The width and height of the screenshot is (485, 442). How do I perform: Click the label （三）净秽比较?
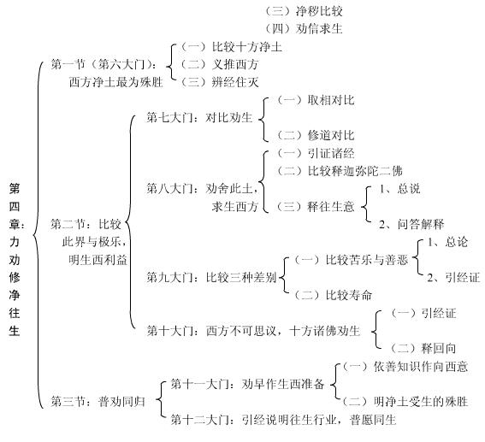[x=304, y=11]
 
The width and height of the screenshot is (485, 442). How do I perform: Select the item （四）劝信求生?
[x=304, y=29]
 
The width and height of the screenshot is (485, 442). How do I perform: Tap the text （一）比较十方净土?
[x=231, y=47]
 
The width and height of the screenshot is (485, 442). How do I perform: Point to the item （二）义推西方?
[x=219, y=65]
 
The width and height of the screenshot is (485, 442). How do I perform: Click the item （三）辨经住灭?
[x=219, y=82]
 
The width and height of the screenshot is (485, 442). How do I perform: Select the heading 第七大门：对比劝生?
[x=199, y=117]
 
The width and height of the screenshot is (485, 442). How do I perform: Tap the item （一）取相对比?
[x=315, y=100]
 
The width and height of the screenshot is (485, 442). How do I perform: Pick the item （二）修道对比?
[x=315, y=135]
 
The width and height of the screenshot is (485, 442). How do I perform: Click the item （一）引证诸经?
[x=315, y=153]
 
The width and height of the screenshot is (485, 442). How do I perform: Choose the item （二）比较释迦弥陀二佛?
[x=340, y=171]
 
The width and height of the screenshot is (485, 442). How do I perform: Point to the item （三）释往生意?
[x=315, y=206]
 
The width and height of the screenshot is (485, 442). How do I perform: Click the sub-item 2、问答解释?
[x=411, y=224]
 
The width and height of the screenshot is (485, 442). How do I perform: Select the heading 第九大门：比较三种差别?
[x=211, y=277]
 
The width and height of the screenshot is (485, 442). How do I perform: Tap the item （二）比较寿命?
[x=333, y=295]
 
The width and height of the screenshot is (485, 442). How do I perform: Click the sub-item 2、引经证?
[x=453, y=277]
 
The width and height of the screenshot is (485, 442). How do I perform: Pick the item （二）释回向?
[x=423, y=348]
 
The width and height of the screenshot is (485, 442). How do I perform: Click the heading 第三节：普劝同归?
[x=98, y=402]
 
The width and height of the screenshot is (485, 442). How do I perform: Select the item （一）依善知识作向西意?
[x=405, y=366]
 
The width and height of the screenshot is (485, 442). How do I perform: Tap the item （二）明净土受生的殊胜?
[x=405, y=402]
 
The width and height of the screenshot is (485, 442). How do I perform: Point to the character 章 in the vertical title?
[x=15, y=224]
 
